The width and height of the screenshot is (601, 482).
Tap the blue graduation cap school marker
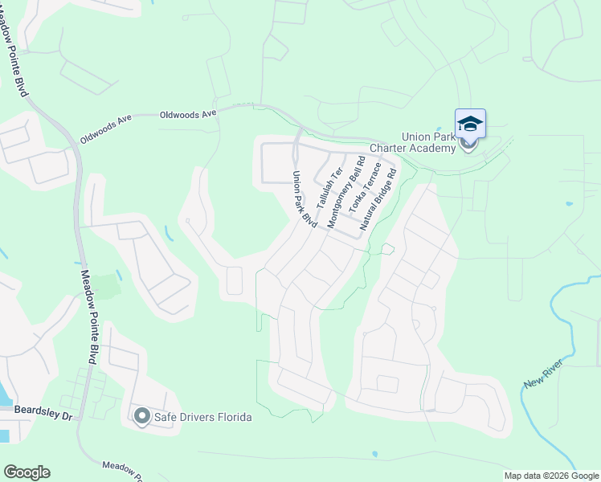click(x=470, y=125)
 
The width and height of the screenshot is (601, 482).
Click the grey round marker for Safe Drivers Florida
click(x=142, y=416)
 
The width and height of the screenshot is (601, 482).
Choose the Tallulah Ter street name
click(x=329, y=189)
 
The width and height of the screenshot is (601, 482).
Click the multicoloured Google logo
click(x=27, y=472)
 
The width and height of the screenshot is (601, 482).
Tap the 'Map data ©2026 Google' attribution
click(x=551, y=476)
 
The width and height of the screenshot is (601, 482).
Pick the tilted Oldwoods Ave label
click(x=105, y=129)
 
